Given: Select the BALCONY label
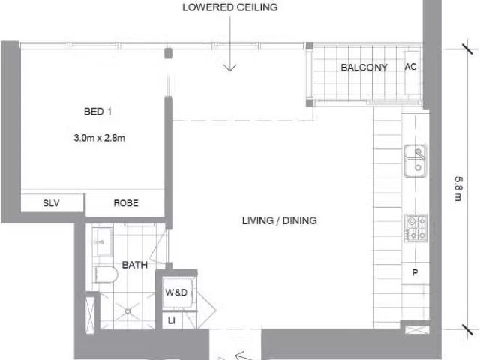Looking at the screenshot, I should point(364,67).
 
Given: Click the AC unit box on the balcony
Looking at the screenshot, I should point(410,67).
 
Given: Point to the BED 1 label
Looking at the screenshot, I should point(97,112).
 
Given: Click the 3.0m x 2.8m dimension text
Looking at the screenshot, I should point(98,138).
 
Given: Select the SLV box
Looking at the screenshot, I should point(51,203).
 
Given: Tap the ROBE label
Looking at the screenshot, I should point(125,203).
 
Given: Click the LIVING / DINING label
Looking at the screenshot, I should point(279,220).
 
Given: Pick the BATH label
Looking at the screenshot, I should point(135,265).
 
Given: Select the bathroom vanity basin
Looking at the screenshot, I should point(103,242).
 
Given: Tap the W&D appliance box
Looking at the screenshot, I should point(177,292).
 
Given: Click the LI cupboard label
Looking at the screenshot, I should point(171,320).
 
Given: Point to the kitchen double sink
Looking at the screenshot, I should point(415,160).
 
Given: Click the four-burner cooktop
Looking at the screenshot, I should point(415,228).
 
